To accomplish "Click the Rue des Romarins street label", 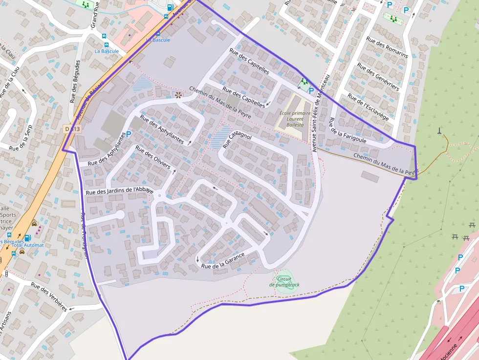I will point(387,47).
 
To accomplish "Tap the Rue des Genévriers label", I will point(378,76).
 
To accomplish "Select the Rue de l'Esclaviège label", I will point(368,107).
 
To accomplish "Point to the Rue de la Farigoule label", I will point(347,130).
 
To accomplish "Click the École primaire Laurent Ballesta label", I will point(295,119).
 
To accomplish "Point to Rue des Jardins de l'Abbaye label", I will point(120,191).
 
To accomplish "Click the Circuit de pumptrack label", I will point(285,282).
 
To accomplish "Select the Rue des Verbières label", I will point(49,296).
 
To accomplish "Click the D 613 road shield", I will point(72,129).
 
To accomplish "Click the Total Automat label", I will point(27,245).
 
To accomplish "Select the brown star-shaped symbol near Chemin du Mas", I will point(178,94).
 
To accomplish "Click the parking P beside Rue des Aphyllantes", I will point(129,134).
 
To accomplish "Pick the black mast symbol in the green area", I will point(439,130).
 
